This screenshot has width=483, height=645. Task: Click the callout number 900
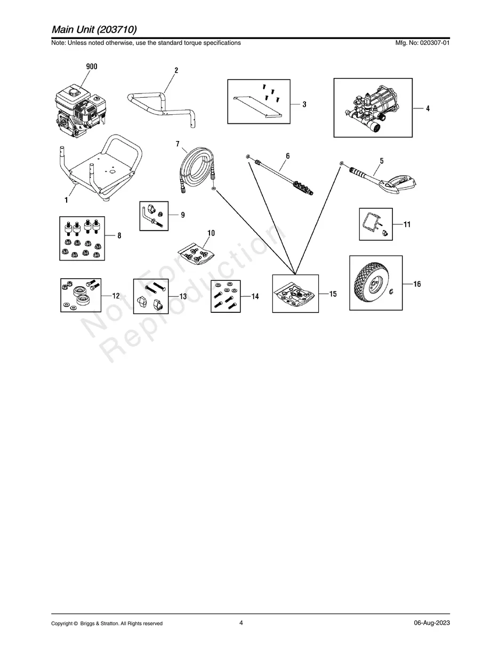click(92, 67)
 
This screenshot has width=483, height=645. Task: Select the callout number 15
click(333, 294)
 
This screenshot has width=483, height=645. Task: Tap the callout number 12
click(116, 296)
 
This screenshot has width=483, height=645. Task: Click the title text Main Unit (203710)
click(94, 29)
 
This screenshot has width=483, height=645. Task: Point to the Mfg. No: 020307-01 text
click(422, 43)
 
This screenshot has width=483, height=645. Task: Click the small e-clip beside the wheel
click(391, 292)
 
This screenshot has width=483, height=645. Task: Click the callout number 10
click(211, 233)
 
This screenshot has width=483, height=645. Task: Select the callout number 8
click(119, 235)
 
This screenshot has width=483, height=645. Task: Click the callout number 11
click(407, 224)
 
